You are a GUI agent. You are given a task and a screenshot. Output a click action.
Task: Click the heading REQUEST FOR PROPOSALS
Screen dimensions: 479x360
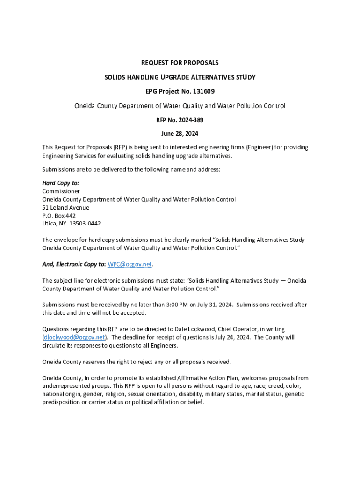pyautogui.click(x=180, y=63)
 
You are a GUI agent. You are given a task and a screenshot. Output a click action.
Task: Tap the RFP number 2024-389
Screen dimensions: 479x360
pyautogui.click(x=189, y=120)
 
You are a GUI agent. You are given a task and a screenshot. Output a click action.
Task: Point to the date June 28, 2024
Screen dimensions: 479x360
pyautogui.click(x=180, y=134)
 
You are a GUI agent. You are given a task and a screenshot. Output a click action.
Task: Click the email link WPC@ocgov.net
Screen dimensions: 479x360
pyautogui.click(x=130, y=264)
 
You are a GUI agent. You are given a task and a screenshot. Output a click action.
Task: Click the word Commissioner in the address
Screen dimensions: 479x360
pyautogui.click(x=61, y=191)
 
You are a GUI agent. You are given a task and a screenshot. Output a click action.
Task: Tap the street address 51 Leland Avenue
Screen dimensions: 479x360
pyautogui.click(x=66, y=208)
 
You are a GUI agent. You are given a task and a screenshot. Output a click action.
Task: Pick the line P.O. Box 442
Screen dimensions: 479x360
pyautogui.click(x=59, y=216)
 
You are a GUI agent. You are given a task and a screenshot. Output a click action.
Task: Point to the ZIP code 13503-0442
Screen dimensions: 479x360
pyautogui.click(x=85, y=224)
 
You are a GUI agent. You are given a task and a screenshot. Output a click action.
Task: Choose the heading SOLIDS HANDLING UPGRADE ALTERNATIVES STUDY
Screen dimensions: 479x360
pyautogui.click(x=180, y=77)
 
